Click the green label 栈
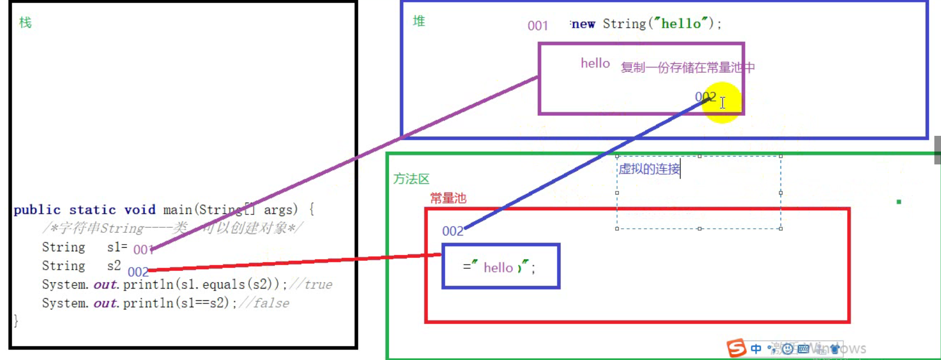[x=25, y=22]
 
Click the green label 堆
[x=419, y=21]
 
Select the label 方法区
[x=411, y=179]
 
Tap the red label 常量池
[x=448, y=198]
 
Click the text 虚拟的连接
[x=649, y=169]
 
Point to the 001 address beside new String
[x=537, y=26]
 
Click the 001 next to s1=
[x=143, y=250]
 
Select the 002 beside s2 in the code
[x=137, y=272]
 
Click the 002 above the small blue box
[x=452, y=231]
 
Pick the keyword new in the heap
[x=583, y=24]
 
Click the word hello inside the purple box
[x=595, y=63]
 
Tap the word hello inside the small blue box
[x=498, y=268]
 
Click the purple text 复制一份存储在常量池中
[x=687, y=67]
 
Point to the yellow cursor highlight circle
[x=722, y=103]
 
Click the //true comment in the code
[x=311, y=284]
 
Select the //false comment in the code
[x=264, y=303]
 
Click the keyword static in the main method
[x=92, y=210]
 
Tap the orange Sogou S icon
[x=736, y=348]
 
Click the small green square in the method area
[x=899, y=202]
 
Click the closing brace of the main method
[x=16, y=321]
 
